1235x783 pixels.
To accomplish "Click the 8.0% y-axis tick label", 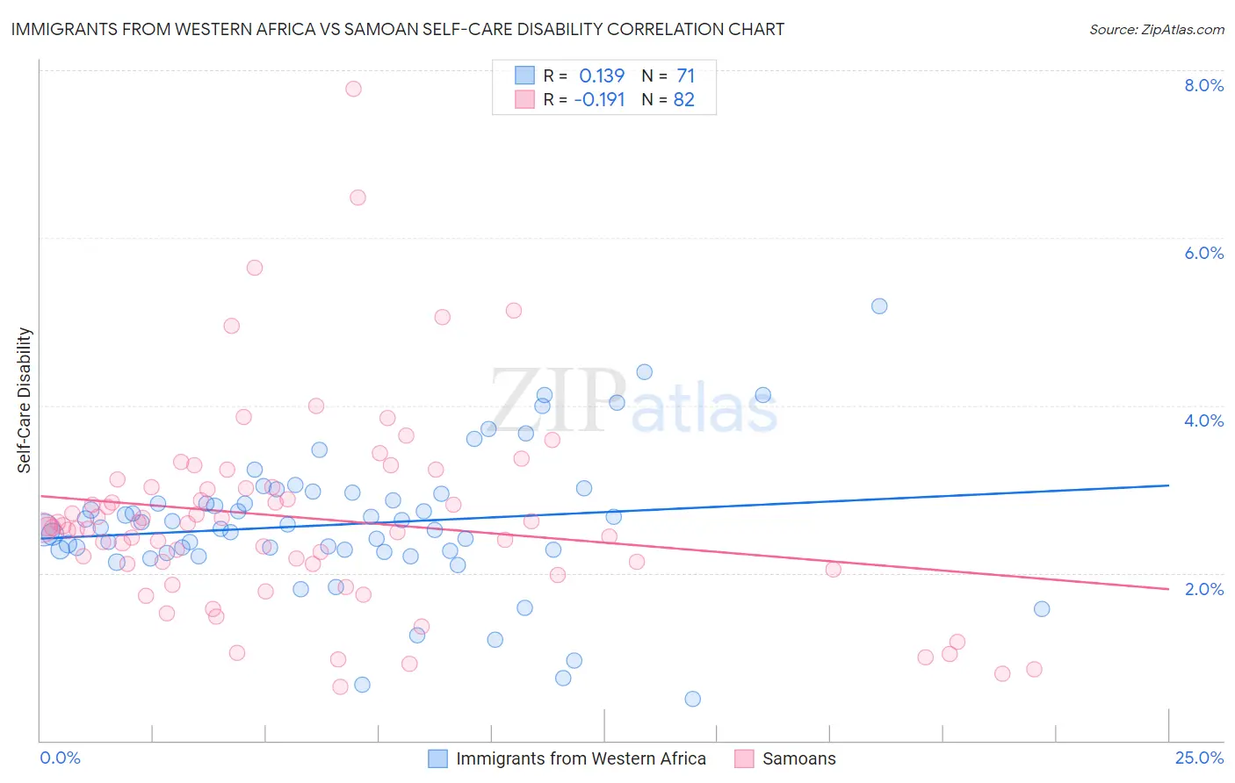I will (x=1203, y=85).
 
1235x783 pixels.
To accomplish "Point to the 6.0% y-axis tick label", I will (x=1203, y=253).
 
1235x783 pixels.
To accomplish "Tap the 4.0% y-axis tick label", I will (x=1203, y=420).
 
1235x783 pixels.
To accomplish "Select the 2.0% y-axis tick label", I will (x=1203, y=588).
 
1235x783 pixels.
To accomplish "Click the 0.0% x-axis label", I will (x=60, y=758).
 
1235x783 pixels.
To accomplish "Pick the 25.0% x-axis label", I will (x=1199, y=758).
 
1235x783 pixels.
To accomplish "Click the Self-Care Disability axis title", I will (x=25, y=400).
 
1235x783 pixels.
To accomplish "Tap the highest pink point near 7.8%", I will (x=353, y=89).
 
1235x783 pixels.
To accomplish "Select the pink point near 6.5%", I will (x=357, y=198).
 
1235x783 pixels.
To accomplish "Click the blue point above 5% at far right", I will (x=879, y=306).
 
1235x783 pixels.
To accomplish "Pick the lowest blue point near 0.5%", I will (x=692, y=699).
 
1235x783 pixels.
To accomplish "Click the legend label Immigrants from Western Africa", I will (x=581, y=758).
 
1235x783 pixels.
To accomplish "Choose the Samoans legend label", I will (x=798, y=758).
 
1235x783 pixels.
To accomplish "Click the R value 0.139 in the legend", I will (x=602, y=76).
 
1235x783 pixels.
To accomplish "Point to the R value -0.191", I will (x=599, y=100).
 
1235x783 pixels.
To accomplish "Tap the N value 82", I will (x=684, y=100).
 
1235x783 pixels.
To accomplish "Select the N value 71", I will (x=685, y=76).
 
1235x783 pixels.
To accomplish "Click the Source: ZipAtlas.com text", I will (x=1156, y=30).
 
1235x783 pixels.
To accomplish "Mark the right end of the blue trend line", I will (x=1168, y=485).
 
